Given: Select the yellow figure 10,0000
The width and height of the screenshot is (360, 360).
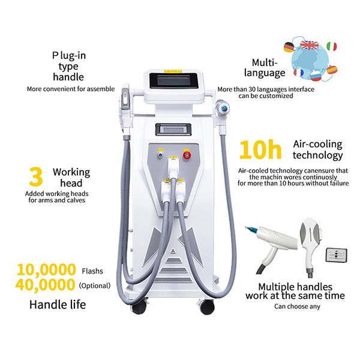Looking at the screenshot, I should pyautogui.click(x=47, y=270).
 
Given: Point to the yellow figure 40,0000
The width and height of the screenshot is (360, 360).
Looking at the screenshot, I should pyautogui.click(x=47, y=284).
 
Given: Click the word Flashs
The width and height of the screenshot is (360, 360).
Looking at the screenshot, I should pyautogui.click(x=92, y=271).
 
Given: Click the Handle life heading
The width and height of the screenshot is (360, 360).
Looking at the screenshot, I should pyautogui.click(x=58, y=305).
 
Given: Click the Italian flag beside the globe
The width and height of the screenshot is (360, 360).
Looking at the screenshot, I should pyautogui.click(x=333, y=47).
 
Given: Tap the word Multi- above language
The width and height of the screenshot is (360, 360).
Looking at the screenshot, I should pyautogui.click(x=263, y=62).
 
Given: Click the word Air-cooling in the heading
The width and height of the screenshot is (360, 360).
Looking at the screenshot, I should pyautogui.click(x=317, y=144).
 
